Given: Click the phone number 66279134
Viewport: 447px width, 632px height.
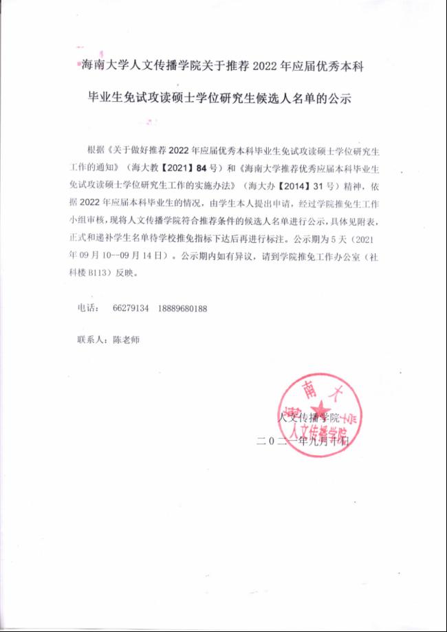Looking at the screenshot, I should point(131,309).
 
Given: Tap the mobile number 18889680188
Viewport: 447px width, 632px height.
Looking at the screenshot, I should point(183,309).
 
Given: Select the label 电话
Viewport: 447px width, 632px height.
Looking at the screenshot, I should point(88,309).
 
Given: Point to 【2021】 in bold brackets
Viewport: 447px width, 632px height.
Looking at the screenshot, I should point(169,167).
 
